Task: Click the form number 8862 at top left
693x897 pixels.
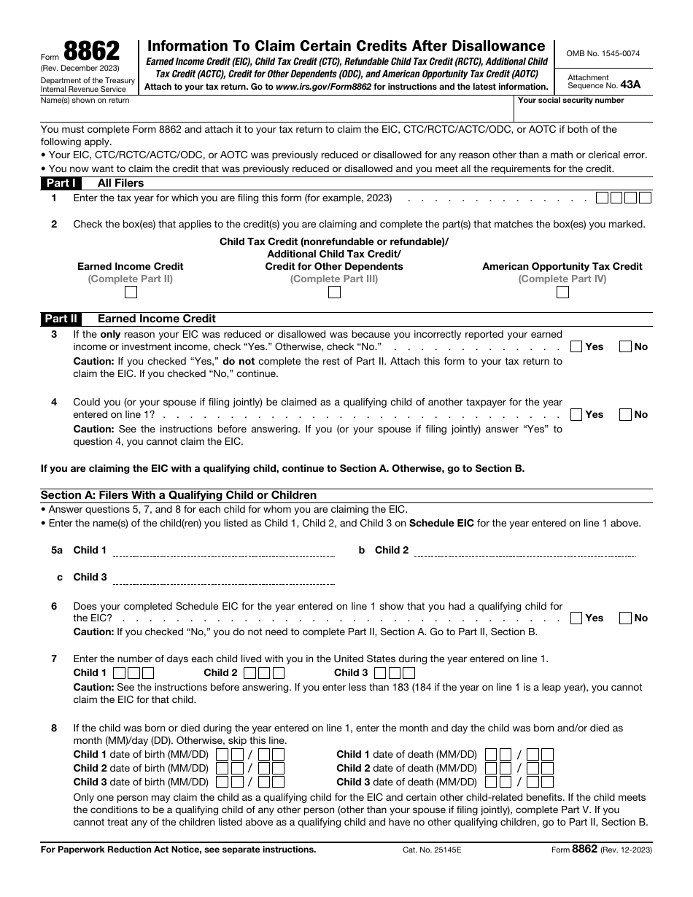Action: (92, 51)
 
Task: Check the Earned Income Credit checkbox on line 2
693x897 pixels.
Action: (131, 292)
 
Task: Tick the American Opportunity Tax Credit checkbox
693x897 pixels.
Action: (562, 292)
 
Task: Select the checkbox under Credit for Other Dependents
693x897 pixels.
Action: (334, 292)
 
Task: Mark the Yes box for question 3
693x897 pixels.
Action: (576, 346)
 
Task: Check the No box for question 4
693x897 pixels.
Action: (625, 414)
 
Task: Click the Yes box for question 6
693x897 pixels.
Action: (576, 618)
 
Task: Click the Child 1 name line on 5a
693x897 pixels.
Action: (223, 552)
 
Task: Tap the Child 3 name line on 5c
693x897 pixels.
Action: (223, 579)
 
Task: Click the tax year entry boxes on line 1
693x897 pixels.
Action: (623, 198)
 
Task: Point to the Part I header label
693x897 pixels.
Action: (61, 183)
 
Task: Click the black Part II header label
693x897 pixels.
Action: (61, 319)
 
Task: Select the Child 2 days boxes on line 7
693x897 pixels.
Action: (264, 673)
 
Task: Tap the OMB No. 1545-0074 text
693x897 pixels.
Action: (603, 53)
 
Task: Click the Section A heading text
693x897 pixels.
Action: (179, 495)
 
